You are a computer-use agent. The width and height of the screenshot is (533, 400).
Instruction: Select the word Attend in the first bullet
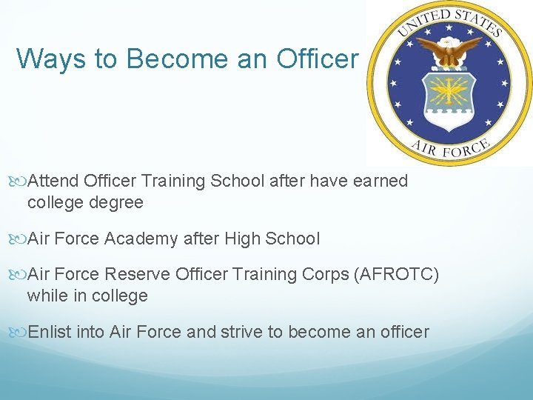point(53,181)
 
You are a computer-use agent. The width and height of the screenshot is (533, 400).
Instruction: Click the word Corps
point(326,275)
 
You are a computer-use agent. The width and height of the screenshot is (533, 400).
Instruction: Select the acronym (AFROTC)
point(397,275)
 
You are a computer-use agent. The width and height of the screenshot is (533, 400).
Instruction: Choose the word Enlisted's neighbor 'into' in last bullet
point(91,332)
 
